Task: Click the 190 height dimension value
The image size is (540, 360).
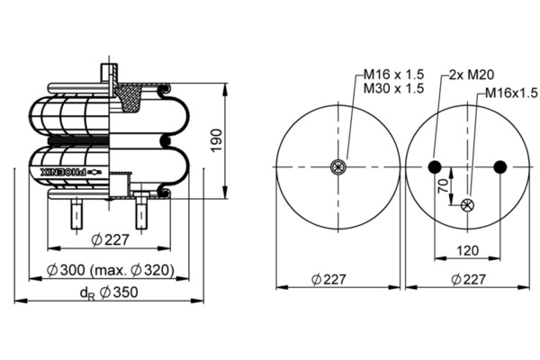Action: tap(217, 140)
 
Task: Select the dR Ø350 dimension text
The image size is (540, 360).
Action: tap(109, 292)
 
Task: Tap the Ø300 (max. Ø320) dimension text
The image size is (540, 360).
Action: tap(110, 270)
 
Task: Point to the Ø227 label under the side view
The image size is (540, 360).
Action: tap(110, 239)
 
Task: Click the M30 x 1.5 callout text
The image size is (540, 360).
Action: tap(393, 88)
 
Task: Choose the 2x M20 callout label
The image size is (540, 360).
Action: tap(472, 75)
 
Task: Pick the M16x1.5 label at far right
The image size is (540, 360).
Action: tap(511, 93)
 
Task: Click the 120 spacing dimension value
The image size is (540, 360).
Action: tap(467, 250)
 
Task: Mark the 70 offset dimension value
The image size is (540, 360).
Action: tap(444, 185)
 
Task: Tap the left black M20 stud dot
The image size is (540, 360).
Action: tap(435, 167)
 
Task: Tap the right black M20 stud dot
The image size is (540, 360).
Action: tap(500, 167)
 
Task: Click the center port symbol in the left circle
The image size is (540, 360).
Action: tap(338, 167)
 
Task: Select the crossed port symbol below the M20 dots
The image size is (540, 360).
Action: tap(467, 205)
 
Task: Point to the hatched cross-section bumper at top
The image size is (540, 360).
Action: tap(129, 98)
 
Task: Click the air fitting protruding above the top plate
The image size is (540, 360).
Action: tap(110, 73)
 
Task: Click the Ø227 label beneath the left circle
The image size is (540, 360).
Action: tap(328, 279)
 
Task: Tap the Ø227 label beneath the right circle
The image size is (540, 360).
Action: tap(468, 279)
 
